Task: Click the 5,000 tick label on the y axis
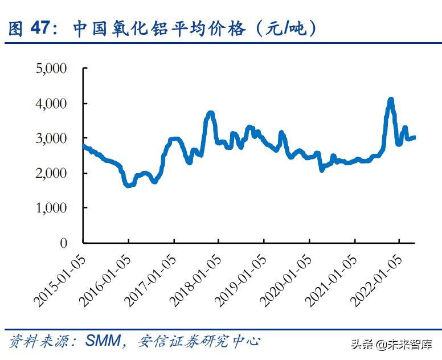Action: pyautogui.click(x=52, y=69)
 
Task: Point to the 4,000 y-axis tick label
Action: pyautogui.click(x=52, y=104)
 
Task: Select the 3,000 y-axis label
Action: pyautogui.click(x=52, y=138)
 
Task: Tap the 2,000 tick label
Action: pyautogui.click(x=52, y=173)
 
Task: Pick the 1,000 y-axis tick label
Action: pyautogui.click(x=52, y=208)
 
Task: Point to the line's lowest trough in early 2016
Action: pyautogui.click(x=128, y=185)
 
